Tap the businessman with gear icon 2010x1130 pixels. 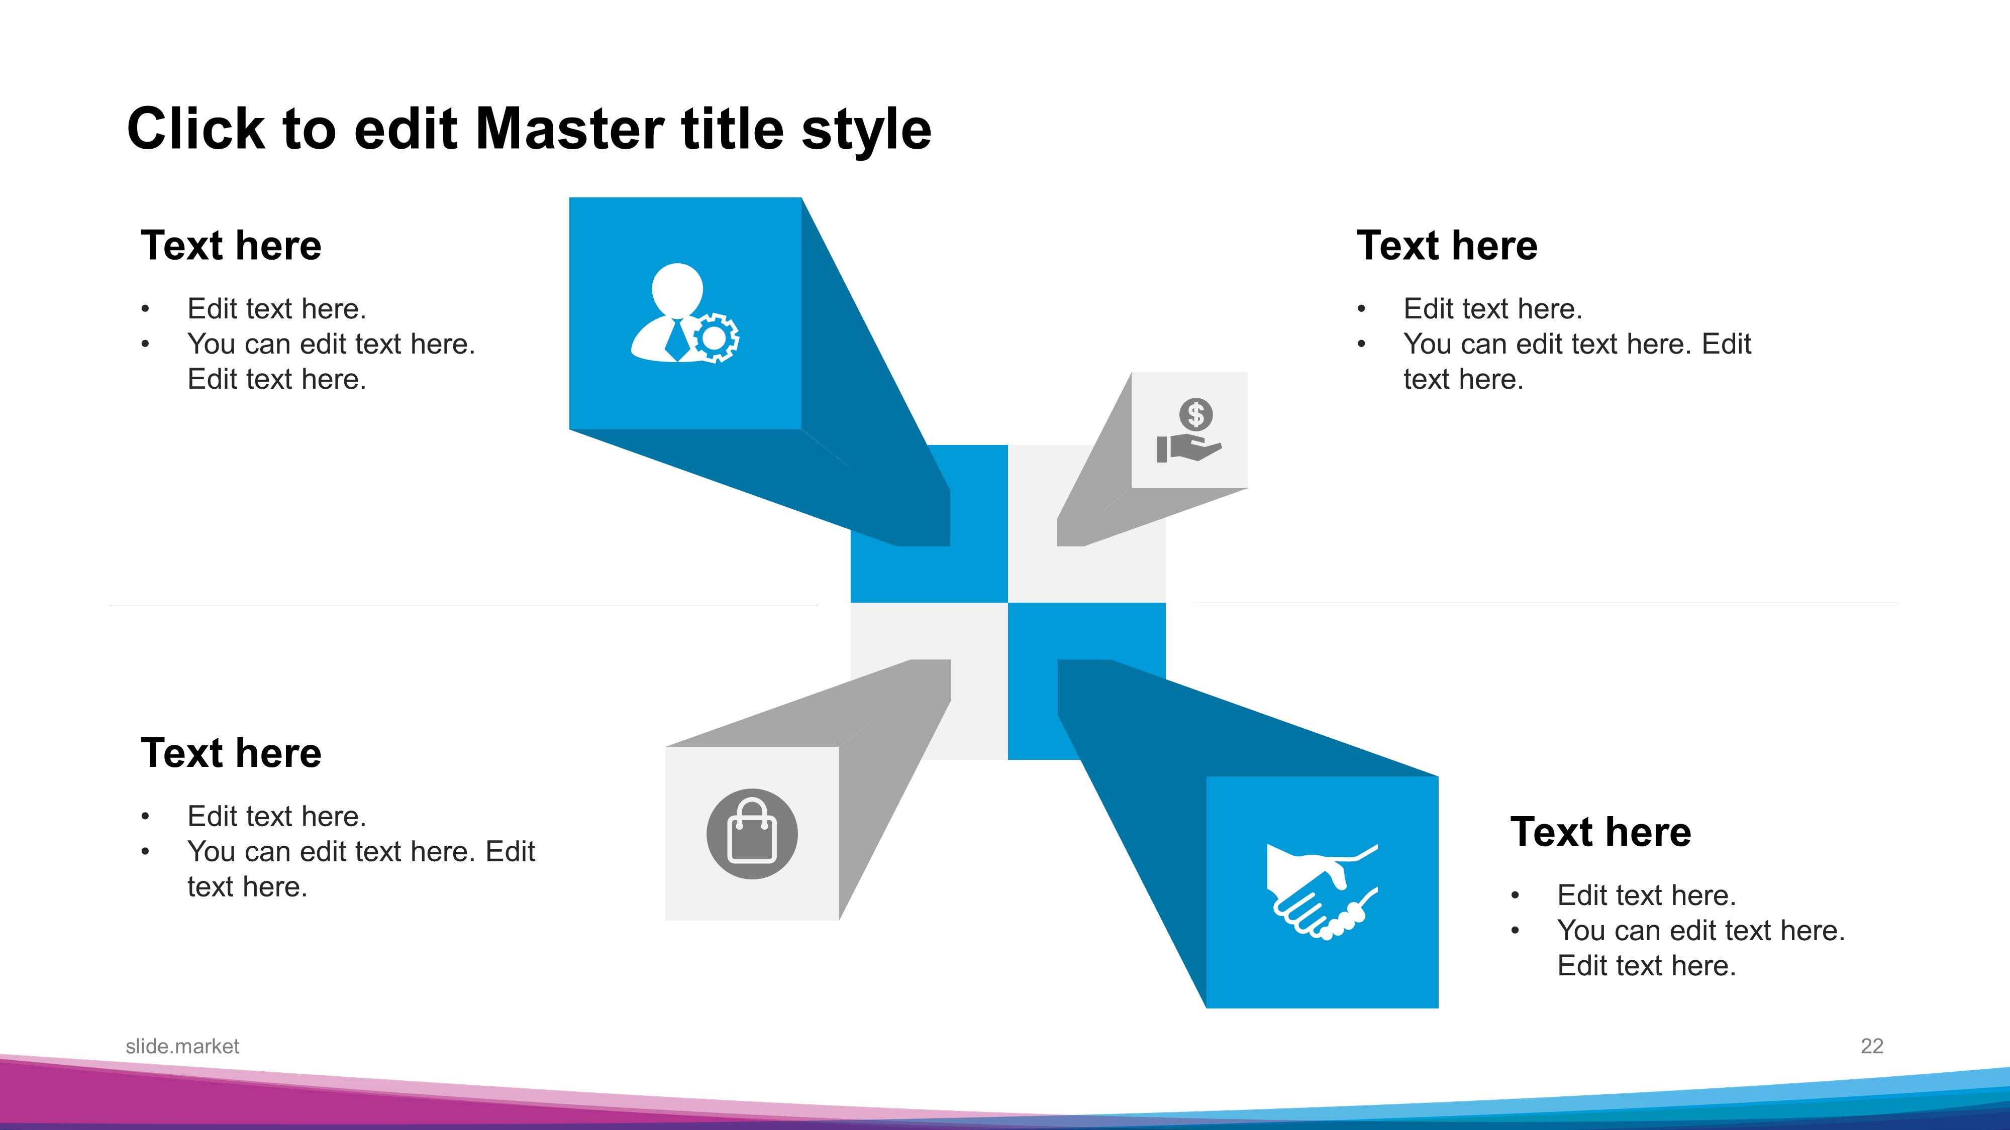click(684, 313)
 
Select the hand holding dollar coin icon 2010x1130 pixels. click(1188, 430)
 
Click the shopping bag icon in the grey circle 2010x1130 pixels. click(752, 834)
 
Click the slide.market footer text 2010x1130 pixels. click(182, 1047)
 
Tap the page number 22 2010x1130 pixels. click(1872, 1047)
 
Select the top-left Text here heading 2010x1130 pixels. click(231, 246)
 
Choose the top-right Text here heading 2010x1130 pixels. click(1447, 246)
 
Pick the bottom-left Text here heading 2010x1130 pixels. click(231, 753)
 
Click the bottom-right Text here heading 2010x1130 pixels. click(1601, 832)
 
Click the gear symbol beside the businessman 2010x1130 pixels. click(715, 337)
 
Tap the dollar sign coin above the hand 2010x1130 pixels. click(1196, 414)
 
